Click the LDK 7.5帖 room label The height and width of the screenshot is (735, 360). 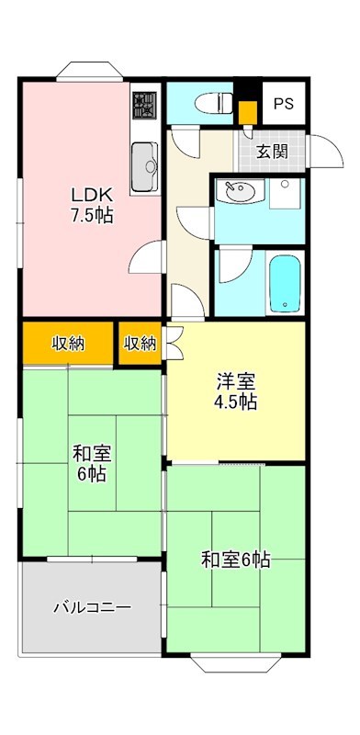91,206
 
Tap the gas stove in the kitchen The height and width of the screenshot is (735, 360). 144,107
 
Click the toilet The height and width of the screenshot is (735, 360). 208,102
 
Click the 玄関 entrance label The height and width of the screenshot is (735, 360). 272,151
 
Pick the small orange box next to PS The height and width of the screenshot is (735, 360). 246,112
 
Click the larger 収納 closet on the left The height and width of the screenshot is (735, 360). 67,344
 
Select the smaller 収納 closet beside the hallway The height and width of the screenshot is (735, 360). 140,344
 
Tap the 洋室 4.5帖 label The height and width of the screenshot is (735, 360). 236,390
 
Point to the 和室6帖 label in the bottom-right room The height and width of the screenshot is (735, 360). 236,559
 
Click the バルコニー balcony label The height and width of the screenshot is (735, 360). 91,607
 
